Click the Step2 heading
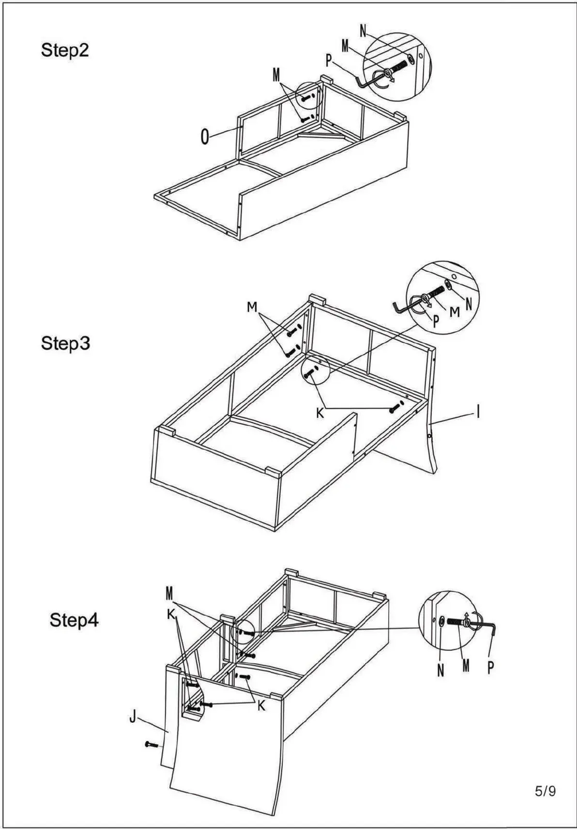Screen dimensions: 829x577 pyautogui.click(x=65, y=50)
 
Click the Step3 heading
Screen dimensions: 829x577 pyautogui.click(x=65, y=343)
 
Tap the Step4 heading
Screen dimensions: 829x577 pyautogui.click(x=74, y=620)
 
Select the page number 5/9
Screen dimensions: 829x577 pyautogui.click(x=545, y=792)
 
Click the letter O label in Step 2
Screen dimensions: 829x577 pyautogui.click(x=205, y=138)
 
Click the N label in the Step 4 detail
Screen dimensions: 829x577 pyautogui.click(x=440, y=671)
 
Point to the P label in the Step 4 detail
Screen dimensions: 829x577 pyautogui.click(x=490, y=668)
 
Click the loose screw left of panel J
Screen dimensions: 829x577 pyautogui.click(x=151, y=744)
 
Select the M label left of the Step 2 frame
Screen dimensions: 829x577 pyautogui.click(x=276, y=75)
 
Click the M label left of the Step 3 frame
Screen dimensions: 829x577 pyautogui.click(x=252, y=307)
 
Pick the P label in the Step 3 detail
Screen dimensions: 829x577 pyautogui.click(x=436, y=321)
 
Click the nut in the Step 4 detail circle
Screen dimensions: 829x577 pyautogui.click(x=442, y=622)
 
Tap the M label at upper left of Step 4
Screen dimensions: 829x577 pyautogui.click(x=169, y=593)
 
